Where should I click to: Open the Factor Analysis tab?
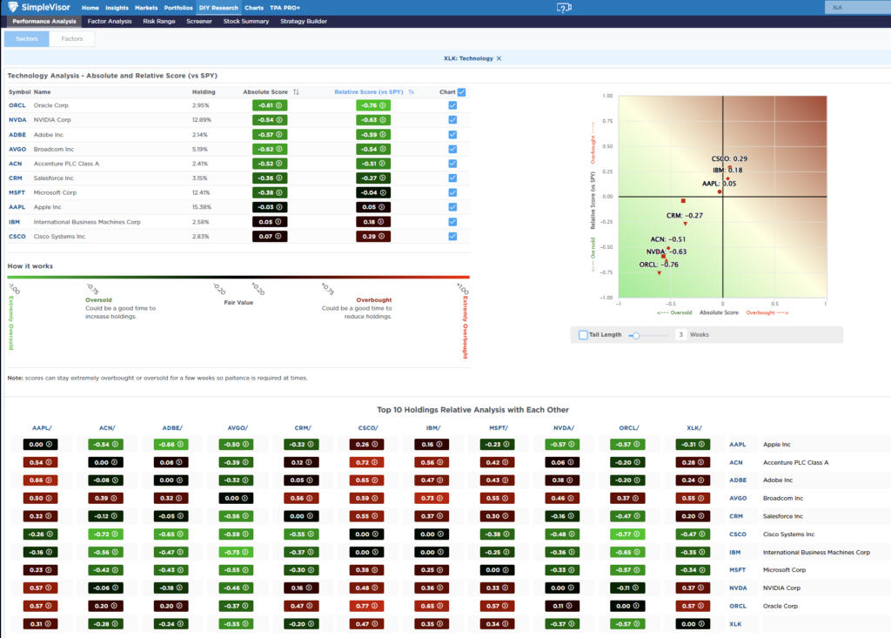[x=107, y=21]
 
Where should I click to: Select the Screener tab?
[x=198, y=21]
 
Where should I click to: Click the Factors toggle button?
[x=72, y=39]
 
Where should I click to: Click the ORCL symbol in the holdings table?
[x=17, y=105]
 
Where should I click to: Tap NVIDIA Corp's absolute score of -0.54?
[x=269, y=120]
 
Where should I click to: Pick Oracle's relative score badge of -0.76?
[x=372, y=105]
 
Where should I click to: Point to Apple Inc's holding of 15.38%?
[x=201, y=207]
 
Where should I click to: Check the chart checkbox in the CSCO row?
[x=452, y=236]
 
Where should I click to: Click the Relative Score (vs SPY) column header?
[x=369, y=91]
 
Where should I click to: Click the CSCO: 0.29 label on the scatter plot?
[x=729, y=159]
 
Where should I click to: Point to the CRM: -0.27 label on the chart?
[x=684, y=215]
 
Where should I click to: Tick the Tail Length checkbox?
[x=583, y=334]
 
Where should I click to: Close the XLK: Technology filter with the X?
[x=500, y=58]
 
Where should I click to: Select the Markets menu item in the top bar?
[x=146, y=8]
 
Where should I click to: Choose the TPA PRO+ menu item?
[x=285, y=8]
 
